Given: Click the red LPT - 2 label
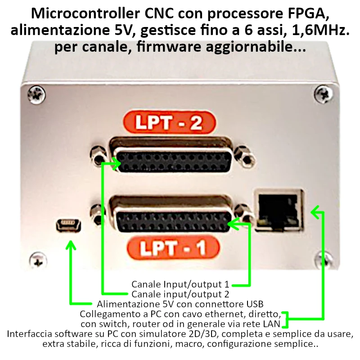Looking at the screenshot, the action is click(170, 123).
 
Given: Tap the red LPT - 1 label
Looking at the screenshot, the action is click(173, 248).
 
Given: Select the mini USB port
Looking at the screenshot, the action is click(68, 225).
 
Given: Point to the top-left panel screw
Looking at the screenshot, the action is click(36, 94).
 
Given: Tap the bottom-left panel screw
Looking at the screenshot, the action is click(38, 260).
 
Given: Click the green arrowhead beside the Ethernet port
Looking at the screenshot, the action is click(316, 212).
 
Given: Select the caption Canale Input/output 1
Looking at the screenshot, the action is click(180, 284).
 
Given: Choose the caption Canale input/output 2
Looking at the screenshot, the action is click(180, 294).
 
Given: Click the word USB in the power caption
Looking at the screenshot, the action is click(255, 304).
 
